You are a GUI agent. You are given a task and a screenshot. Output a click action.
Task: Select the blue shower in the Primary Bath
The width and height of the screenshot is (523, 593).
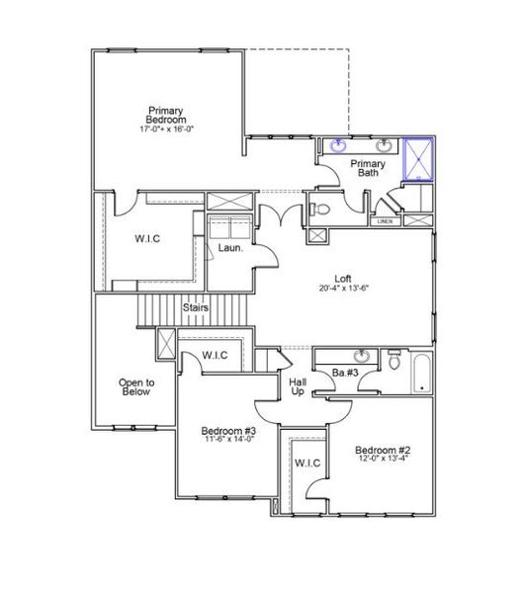[x=419, y=159]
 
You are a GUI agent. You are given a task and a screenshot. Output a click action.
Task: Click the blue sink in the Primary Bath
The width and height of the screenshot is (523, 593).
[x=339, y=147]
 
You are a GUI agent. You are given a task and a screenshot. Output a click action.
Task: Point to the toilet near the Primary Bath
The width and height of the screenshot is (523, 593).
[x=319, y=209]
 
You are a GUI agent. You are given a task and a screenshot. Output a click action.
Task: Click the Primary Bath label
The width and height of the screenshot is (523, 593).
[x=368, y=168]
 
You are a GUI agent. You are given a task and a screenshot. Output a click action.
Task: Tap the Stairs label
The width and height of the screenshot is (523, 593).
[x=195, y=308]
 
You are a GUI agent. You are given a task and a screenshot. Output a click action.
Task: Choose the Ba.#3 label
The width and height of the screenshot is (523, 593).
[x=344, y=373]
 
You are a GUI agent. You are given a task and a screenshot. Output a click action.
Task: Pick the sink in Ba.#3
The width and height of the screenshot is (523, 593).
[x=364, y=356]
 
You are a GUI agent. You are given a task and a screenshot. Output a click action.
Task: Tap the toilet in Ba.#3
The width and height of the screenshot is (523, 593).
[x=394, y=360]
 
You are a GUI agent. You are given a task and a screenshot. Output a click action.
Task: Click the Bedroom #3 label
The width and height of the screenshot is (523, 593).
[x=228, y=431]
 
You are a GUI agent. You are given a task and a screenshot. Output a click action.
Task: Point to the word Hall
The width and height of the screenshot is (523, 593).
[x=297, y=381]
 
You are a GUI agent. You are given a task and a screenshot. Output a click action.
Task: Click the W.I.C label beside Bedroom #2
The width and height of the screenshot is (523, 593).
[x=305, y=463]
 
